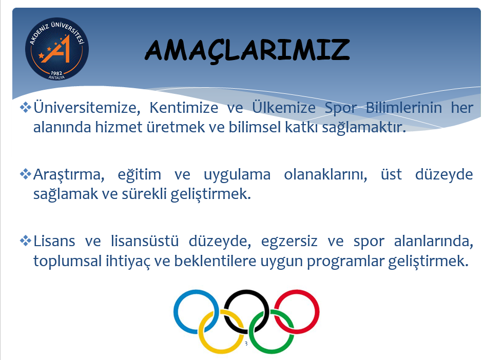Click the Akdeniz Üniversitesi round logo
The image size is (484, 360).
(x=57, y=49)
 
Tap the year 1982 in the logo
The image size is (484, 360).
(x=56, y=73)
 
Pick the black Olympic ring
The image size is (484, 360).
(x=246, y=291)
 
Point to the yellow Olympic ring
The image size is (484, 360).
(x=201, y=332)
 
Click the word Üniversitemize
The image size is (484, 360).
(x=87, y=108)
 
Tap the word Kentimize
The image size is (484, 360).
(x=184, y=108)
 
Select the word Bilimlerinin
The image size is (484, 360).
(x=404, y=108)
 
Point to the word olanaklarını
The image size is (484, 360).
(x=325, y=175)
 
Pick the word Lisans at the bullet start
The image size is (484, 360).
(x=54, y=241)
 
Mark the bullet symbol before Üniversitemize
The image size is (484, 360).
(x=26, y=107)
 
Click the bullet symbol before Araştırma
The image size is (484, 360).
(x=26, y=174)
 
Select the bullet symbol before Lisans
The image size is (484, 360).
(x=26, y=241)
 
